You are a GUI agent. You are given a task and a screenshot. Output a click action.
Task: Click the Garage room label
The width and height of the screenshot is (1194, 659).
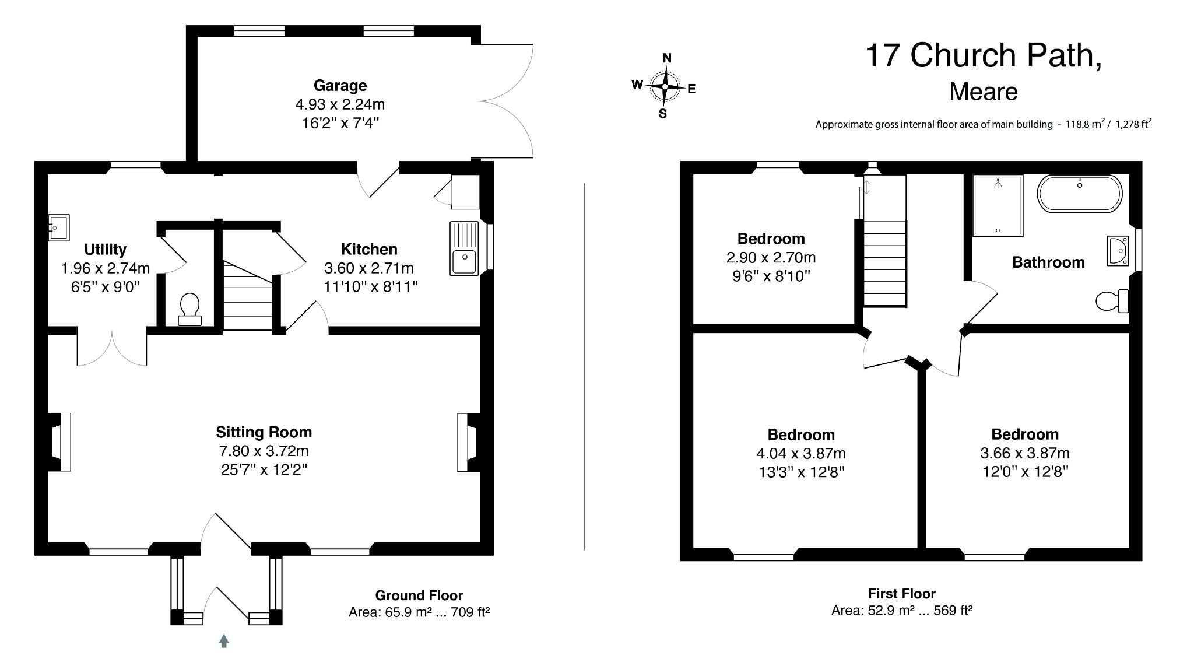pos(340,86)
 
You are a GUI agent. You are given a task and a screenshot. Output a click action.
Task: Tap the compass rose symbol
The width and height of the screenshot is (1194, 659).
pos(665,86)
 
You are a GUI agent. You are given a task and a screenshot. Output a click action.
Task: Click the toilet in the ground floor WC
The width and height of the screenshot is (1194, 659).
pos(189,309)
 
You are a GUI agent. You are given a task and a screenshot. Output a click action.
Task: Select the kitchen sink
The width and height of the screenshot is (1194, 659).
pos(463,248)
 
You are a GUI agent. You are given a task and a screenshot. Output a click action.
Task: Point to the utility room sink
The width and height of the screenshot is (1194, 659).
pos(59,227)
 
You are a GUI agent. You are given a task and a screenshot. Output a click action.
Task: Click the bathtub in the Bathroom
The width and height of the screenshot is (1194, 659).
pos(1079,193)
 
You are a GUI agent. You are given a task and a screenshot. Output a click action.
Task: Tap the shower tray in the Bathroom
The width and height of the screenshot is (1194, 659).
pos(998,206)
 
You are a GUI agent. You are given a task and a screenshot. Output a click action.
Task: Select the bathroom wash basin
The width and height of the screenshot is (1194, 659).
pos(1118,251)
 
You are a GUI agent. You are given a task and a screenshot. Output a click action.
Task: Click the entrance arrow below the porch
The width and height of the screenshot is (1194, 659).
pos(224,641)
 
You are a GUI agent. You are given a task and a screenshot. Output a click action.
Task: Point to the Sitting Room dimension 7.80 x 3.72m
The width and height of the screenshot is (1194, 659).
pos(264,451)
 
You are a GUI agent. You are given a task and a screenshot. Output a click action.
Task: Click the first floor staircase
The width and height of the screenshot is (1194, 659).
pos(884,262)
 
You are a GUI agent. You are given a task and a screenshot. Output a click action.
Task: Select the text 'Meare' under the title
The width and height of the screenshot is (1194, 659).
pos(983,92)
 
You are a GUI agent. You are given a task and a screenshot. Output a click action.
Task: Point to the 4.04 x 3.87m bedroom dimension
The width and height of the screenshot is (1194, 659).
pos(800,453)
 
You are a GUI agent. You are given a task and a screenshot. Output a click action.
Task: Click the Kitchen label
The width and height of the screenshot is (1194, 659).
pos(369,250)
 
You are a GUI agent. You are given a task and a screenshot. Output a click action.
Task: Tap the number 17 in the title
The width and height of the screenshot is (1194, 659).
pos(883,56)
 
